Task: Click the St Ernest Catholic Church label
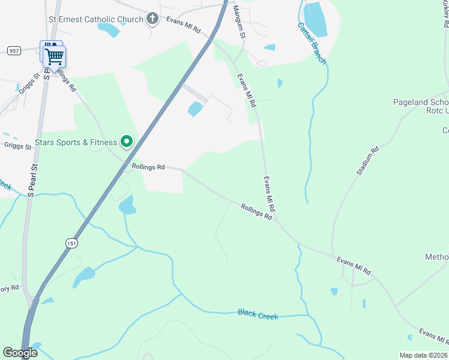click(x=96, y=19)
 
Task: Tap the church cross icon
click(x=152, y=19)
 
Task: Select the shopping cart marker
click(x=55, y=58)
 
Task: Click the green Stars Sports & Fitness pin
click(x=127, y=142)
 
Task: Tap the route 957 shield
click(x=13, y=50)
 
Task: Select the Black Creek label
click(x=258, y=314)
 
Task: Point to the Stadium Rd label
click(x=368, y=161)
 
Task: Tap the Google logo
click(x=20, y=353)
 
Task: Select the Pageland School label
click(x=420, y=102)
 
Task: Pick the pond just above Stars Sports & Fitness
click(x=196, y=109)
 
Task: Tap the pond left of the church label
click(x=108, y=29)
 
